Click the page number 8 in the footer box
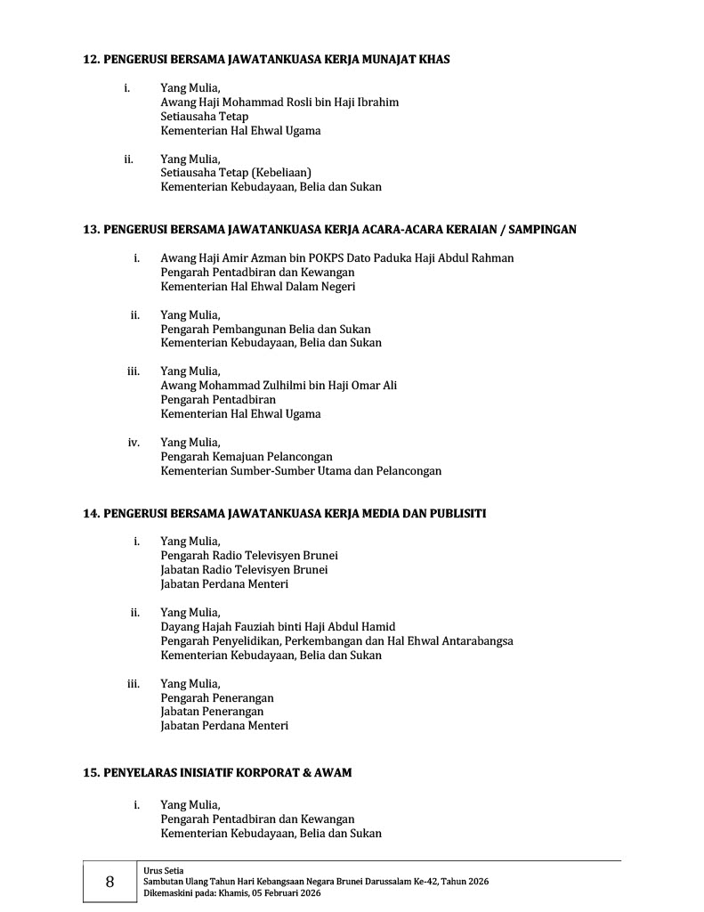(x=109, y=882)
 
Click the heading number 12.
(x=91, y=60)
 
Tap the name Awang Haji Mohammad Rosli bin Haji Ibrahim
(x=279, y=102)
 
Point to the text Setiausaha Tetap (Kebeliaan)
(x=236, y=173)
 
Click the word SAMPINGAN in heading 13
(x=544, y=229)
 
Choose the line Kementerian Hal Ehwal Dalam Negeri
(x=258, y=287)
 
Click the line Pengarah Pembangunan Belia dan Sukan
(x=265, y=330)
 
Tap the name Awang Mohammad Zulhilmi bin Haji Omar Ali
(x=279, y=386)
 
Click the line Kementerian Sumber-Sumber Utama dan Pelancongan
(x=301, y=471)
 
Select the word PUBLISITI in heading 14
(x=457, y=514)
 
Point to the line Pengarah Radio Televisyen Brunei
(x=249, y=556)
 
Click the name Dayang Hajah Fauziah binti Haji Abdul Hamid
(x=278, y=627)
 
